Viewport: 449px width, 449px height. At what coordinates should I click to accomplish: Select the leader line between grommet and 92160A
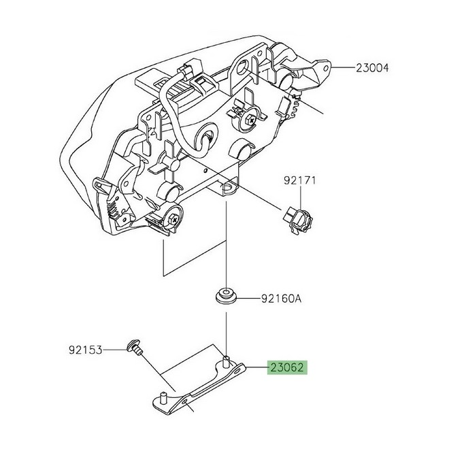(x=248, y=298)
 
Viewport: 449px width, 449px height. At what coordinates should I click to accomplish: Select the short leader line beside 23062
(x=257, y=369)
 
